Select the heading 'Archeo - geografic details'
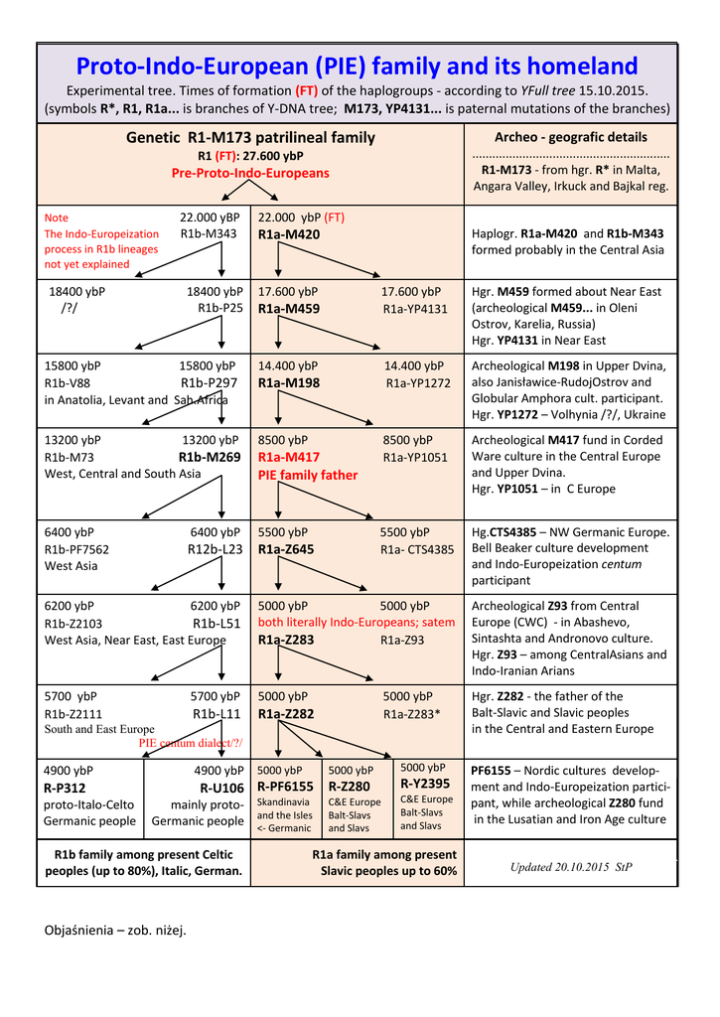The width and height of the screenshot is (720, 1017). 570,137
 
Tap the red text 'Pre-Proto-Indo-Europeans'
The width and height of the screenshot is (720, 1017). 250,173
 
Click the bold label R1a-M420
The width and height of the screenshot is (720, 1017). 289,234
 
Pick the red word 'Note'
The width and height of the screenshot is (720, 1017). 57,218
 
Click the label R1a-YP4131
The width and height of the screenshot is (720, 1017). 415,309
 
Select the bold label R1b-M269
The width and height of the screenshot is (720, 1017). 210,457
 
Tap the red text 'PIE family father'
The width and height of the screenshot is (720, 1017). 308,475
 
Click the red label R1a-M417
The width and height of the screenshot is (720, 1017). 289,457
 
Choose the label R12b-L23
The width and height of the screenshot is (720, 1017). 215,549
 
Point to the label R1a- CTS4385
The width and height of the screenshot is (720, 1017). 417,549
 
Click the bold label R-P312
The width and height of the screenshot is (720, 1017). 65,788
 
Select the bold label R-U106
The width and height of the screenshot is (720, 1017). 221,788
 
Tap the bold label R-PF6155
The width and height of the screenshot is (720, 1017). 285,787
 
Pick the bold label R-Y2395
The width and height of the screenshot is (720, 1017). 425,783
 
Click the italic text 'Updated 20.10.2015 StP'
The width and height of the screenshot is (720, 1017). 571,867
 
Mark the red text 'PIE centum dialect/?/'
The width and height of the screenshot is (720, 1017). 191,743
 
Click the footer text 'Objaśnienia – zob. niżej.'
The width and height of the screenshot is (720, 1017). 115,930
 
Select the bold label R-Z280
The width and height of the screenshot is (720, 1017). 349,787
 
